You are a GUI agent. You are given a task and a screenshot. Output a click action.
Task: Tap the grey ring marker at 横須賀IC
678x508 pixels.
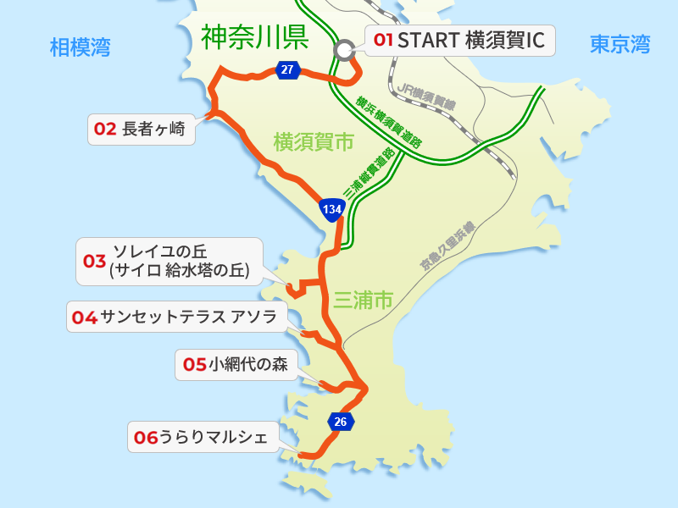pos(344,50)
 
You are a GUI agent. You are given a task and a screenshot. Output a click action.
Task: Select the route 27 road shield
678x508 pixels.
pos(287,69)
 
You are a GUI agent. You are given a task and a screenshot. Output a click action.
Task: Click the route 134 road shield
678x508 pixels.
pos(331,207)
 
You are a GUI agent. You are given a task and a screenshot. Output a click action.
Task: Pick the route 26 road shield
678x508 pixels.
pos(341,421)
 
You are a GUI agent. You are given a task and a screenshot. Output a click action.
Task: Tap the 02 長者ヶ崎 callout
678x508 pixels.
pos(142,130)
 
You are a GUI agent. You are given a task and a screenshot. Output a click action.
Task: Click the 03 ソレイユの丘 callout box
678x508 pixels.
pos(169,262)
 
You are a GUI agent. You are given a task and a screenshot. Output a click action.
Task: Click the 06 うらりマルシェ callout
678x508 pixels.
pos(201,437)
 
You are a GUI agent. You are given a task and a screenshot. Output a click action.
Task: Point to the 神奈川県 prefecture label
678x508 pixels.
pos(254,37)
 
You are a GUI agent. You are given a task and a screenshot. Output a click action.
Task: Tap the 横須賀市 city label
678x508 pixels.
pos(314,142)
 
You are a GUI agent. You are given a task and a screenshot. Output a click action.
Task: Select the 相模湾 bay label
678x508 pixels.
pos(81,47)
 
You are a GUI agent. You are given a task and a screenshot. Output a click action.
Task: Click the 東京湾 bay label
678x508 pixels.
pos(620,44)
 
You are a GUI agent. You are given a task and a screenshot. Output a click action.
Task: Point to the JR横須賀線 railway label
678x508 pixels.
pos(426,96)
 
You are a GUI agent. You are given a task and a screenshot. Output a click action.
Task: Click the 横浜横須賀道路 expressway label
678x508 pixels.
pos(389,123)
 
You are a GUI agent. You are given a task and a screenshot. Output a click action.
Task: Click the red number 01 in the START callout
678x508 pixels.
pos(384,40)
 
